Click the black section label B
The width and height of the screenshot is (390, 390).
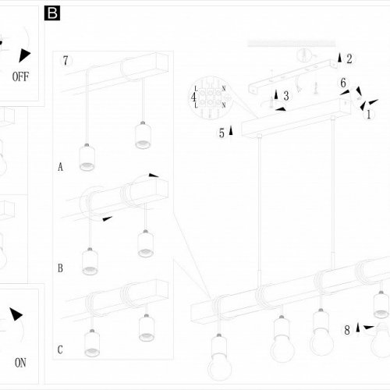click(52, 13)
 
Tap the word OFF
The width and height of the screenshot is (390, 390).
click(20, 76)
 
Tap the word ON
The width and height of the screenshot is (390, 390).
click(20, 363)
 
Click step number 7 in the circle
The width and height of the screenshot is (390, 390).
click(66, 61)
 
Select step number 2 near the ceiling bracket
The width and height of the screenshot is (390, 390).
click(349, 58)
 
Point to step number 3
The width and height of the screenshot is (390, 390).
click(286, 96)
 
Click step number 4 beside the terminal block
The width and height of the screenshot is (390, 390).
click(193, 97)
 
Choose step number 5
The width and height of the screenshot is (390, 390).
click(222, 133)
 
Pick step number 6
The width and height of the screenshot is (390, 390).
click(343, 83)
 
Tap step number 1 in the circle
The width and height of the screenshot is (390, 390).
click(368, 114)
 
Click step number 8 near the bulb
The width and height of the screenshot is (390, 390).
click(347, 330)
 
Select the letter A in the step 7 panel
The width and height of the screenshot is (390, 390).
click(60, 167)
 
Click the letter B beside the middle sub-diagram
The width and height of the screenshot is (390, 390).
click(60, 268)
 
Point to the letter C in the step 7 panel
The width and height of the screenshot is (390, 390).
click(60, 349)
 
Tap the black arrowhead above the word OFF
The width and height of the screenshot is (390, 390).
click(24, 55)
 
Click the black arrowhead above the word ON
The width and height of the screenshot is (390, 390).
click(16, 314)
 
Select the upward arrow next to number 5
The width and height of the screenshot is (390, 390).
click(231, 130)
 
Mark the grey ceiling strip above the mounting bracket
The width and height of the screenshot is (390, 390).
click(292, 44)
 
